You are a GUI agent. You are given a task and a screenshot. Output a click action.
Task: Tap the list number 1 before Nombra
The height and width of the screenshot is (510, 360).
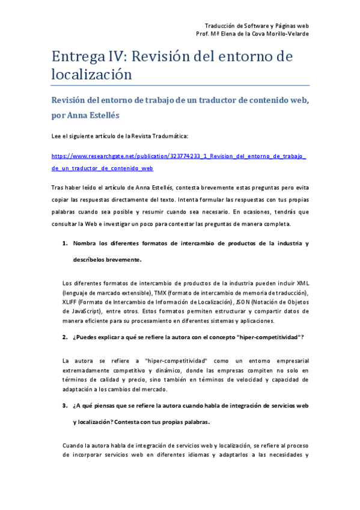point(65,244)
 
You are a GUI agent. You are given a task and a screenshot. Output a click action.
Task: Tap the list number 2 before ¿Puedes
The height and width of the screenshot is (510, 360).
point(65,337)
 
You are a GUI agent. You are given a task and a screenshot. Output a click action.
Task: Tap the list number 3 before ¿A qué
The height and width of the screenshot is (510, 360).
point(65,406)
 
